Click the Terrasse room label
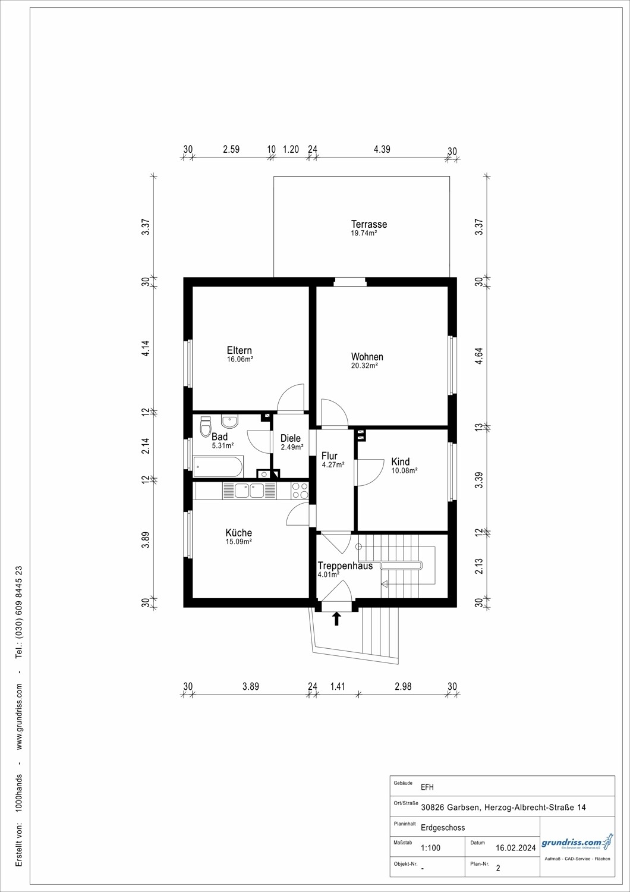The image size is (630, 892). (x=368, y=224)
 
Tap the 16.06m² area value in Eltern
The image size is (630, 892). (x=240, y=359)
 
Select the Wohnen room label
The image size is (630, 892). (x=367, y=357)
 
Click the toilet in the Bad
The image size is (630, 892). (x=206, y=427)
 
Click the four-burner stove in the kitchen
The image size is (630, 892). (x=300, y=491)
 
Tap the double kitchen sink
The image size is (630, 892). (x=250, y=491)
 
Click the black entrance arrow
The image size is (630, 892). (x=336, y=618)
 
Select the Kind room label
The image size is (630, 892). (x=401, y=461)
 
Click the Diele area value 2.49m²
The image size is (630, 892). (x=292, y=447)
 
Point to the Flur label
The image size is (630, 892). (x=329, y=456)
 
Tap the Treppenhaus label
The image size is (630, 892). (x=345, y=566)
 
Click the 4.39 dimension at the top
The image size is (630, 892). (x=382, y=149)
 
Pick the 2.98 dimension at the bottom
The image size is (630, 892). (x=403, y=686)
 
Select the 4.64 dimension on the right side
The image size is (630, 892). (x=479, y=356)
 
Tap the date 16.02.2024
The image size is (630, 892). (x=516, y=848)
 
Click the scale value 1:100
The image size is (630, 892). (x=431, y=848)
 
